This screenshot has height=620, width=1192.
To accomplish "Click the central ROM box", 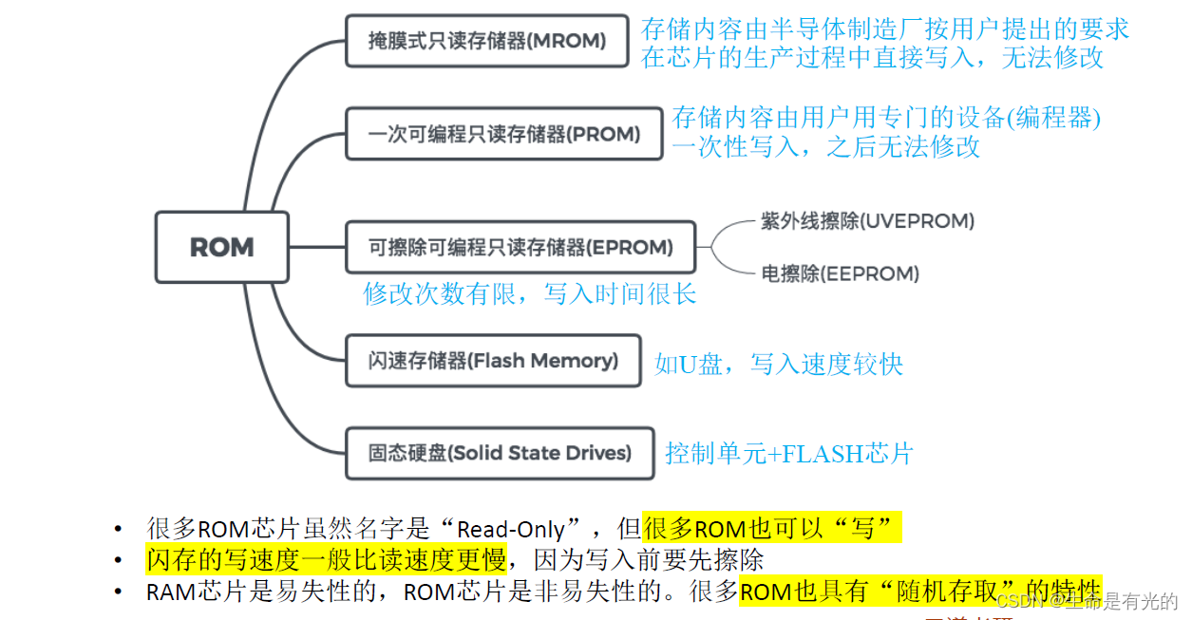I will click(x=222, y=247).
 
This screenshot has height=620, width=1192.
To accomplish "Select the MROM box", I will click(x=486, y=41).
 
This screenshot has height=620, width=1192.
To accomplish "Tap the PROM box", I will click(x=503, y=134).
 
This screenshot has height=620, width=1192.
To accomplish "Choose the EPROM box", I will click(x=520, y=248).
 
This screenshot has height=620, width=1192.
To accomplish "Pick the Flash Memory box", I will click(x=493, y=361).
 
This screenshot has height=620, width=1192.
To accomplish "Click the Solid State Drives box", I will click(x=500, y=453).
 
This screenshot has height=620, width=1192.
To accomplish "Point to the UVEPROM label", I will click(x=867, y=221).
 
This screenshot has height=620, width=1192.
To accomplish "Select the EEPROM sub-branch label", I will click(x=840, y=273).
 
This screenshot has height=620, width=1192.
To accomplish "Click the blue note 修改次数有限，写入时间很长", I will click(x=530, y=294).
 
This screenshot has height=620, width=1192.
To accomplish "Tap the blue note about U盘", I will click(x=779, y=364).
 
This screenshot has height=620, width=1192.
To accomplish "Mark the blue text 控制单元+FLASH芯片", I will click(x=788, y=454).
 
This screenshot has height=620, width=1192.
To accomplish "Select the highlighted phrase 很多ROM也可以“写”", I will click(x=771, y=528).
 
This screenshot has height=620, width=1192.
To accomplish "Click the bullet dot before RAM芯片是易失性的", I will click(x=118, y=592).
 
